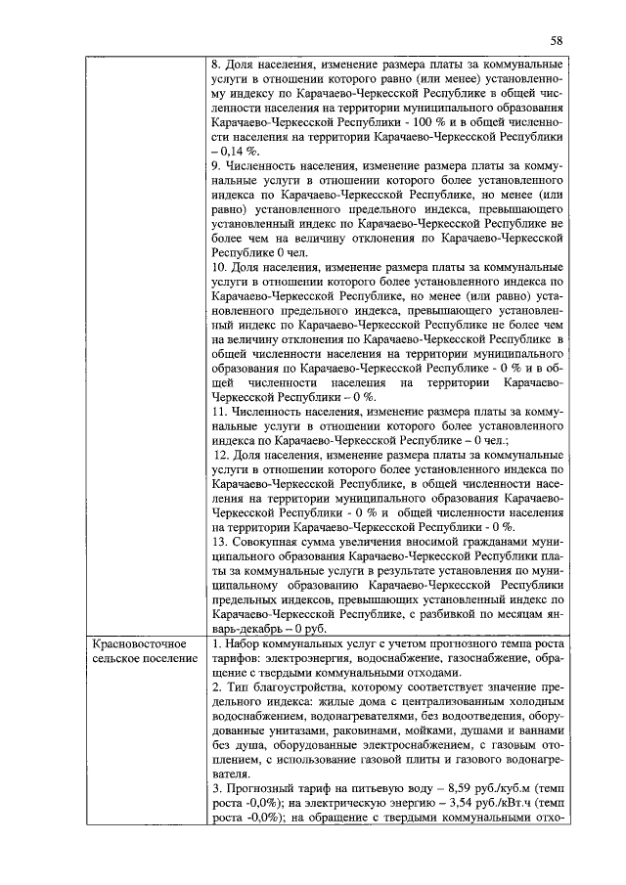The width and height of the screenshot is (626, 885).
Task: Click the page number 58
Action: (556, 40)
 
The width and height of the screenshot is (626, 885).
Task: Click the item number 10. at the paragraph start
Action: (219, 265)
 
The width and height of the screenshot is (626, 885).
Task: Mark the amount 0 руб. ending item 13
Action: (306, 629)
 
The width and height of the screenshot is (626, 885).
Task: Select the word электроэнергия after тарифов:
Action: (299, 659)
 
